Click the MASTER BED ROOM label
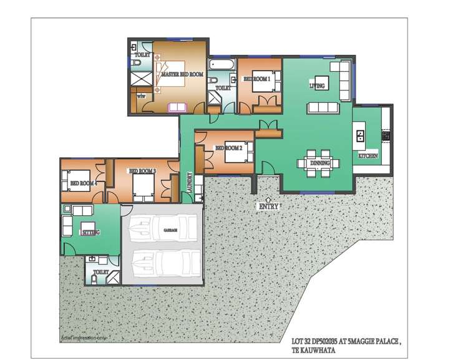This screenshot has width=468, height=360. point(182,74)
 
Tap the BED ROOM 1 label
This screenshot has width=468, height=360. point(256,79)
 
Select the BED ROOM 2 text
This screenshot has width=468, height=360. point(228,148)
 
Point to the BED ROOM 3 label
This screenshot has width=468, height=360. point(142,171)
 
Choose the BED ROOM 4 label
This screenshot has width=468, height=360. point(82,183)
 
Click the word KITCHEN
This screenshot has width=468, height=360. point(368,155)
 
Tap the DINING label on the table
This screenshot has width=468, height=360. point(320,163)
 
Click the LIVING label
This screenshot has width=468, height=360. point(317,85)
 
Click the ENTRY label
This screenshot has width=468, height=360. point(269,205)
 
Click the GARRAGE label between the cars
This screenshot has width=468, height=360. point(170,230)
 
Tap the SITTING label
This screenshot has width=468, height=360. point(90,231)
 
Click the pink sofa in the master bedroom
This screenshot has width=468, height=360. point(177,107)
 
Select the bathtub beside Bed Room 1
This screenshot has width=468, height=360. point(221,64)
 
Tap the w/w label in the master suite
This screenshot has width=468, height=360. point(141,96)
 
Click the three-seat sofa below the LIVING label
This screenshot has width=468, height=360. point(323,107)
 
